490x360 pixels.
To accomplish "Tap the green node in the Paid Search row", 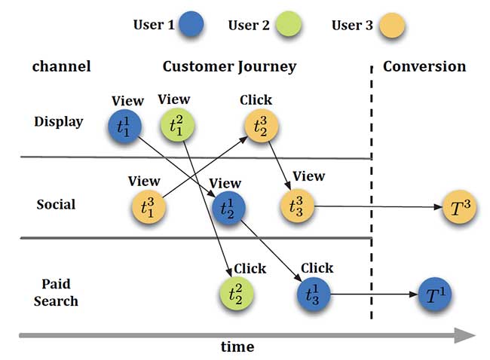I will click(235, 293).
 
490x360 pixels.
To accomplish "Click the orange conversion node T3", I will click(459, 207).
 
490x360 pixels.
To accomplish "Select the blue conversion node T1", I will click(434, 293).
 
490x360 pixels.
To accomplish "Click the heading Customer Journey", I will click(229, 66).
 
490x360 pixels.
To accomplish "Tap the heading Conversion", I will click(424, 66).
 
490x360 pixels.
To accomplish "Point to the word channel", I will click(61, 66).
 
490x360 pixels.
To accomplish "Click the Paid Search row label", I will click(56, 293).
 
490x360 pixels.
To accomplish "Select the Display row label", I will click(58, 121).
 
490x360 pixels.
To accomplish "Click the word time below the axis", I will click(237, 347).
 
